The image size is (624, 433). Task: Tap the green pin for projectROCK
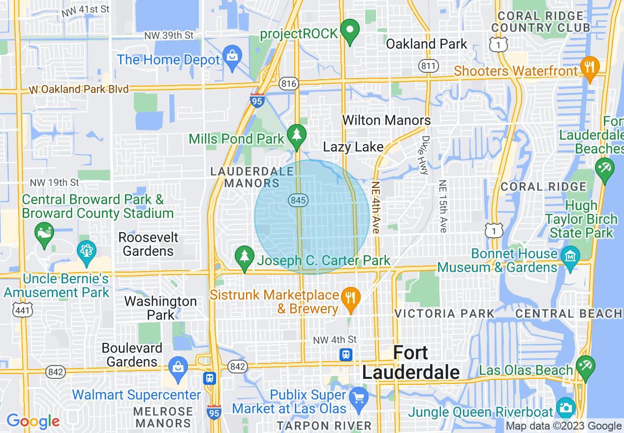[350, 31]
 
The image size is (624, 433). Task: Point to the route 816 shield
[288, 84]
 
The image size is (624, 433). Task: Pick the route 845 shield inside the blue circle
[297, 200]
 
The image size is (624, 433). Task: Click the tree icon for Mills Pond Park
[296, 136]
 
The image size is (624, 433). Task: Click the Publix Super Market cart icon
[359, 396]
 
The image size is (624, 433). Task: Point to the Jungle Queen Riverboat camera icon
[566, 408]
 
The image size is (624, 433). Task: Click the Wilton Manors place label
[386, 120]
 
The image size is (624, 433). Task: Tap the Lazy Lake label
[353, 147]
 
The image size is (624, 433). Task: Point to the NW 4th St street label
[335, 340]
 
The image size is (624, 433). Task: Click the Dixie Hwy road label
[424, 155]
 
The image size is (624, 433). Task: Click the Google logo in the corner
[33, 421]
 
